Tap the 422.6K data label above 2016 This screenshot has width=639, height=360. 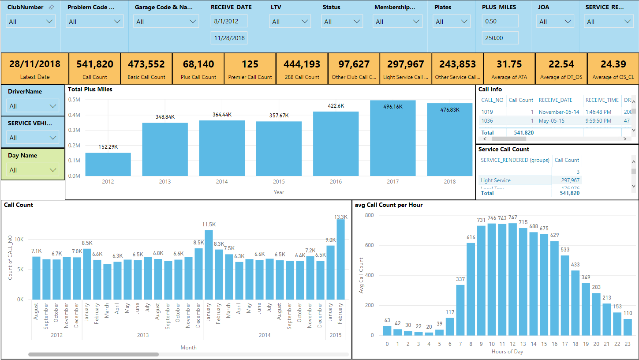(x=336, y=106)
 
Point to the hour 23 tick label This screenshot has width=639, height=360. (x=628, y=344)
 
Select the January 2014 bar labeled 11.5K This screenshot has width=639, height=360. (x=209, y=265)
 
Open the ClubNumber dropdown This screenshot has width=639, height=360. (x=30, y=22)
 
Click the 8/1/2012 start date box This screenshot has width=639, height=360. (x=229, y=21)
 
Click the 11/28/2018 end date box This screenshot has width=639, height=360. (x=229, y=38)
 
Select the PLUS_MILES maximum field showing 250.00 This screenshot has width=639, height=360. (x=500, y=38)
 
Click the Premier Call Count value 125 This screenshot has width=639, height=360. (x=250, y=64)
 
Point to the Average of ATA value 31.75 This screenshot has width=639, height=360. (x=509, y=64)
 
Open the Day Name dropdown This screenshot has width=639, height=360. (x=33, y=170)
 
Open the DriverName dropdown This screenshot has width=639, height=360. (x=33, y=106)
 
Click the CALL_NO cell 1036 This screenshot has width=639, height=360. (x=487, y=121)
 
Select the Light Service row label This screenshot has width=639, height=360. (x=496, y=180)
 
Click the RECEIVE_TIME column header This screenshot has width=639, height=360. (x=602, y=100)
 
